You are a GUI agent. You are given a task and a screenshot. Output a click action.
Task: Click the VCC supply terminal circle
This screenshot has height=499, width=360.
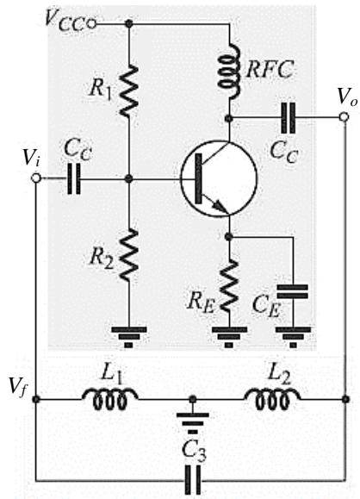(91, 24)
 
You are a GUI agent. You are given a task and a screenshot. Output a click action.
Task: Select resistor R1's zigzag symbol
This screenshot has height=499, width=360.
(129, 90)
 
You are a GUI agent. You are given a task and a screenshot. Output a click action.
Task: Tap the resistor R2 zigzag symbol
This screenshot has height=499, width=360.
(129, 255)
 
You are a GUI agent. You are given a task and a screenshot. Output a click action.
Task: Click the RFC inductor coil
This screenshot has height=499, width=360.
(228, 71)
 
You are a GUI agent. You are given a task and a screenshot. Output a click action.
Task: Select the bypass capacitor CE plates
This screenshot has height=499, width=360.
(293, 291)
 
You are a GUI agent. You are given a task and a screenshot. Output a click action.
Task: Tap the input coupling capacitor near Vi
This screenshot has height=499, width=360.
(74, 178)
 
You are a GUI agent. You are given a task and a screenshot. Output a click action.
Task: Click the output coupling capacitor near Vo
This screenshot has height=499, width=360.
(289, 118)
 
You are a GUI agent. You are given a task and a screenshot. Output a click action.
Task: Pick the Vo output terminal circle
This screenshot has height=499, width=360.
(344, 117)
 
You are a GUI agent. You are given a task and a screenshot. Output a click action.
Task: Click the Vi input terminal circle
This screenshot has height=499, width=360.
(36, 178)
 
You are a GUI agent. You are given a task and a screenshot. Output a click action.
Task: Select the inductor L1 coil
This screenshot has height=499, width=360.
(109, 398)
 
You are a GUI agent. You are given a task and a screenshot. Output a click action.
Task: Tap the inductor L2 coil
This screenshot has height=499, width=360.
(272, 398)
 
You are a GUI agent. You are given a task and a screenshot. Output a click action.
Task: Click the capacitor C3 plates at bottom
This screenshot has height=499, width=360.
(193, 479)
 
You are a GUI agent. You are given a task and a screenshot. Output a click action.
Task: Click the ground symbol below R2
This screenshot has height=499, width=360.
(129, 337)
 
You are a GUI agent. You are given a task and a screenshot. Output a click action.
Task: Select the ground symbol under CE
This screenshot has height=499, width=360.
(293, 337)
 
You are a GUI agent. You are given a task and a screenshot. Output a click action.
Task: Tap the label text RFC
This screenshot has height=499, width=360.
(270, 69)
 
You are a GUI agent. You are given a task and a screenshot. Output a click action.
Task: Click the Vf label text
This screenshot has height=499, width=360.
(16, 387)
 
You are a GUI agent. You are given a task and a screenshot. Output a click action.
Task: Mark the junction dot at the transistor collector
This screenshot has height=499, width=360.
(228, 118)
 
